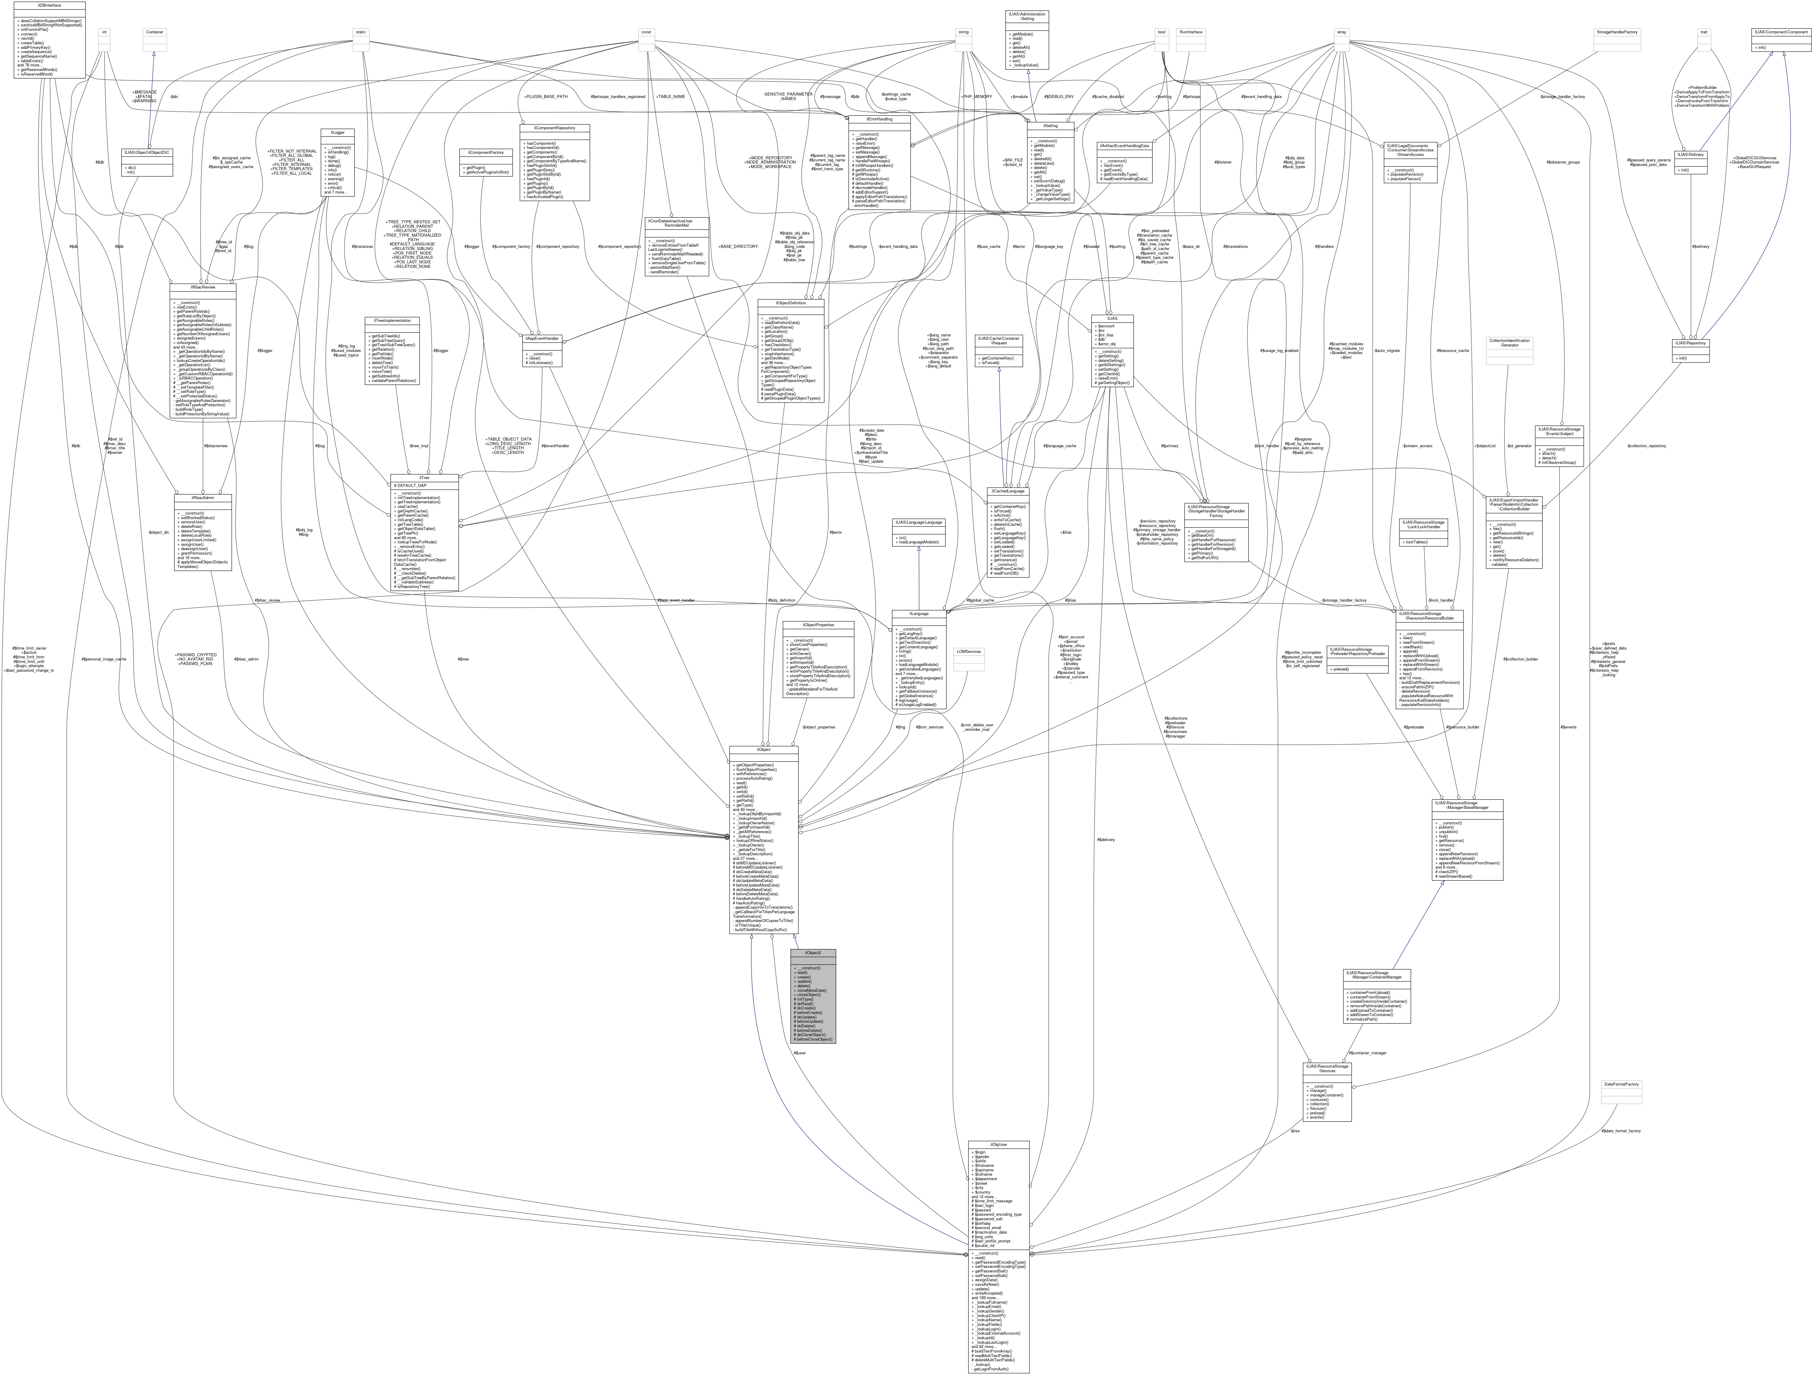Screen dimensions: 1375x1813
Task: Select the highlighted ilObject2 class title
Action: [x=813, y=952]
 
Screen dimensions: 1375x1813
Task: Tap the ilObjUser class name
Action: [x=998, y=1144]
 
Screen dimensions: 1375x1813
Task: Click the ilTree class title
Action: [x=425, y=477]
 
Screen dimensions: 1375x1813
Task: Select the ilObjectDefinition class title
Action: [x=792, y=302]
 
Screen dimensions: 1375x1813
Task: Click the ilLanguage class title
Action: [x=919, y=613]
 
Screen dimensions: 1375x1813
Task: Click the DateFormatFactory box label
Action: [x=1621, y=1084]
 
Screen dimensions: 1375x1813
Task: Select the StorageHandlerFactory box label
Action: [x=1616, y=32]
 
